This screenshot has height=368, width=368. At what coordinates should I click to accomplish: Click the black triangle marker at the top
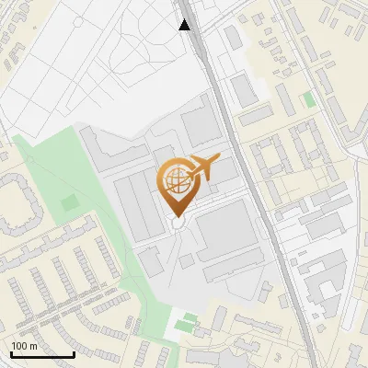click(x=185, y=25)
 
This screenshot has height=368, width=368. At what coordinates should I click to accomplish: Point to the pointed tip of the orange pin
click(x=177, y=216)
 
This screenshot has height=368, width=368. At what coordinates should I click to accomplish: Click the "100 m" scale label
click(x=24, y=346)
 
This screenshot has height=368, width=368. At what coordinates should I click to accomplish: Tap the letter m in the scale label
click(x=33, y=346)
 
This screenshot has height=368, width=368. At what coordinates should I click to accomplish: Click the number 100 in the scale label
click(x=19, y=346)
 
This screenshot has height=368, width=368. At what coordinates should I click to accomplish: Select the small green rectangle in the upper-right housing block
click(x=309, y=98)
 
